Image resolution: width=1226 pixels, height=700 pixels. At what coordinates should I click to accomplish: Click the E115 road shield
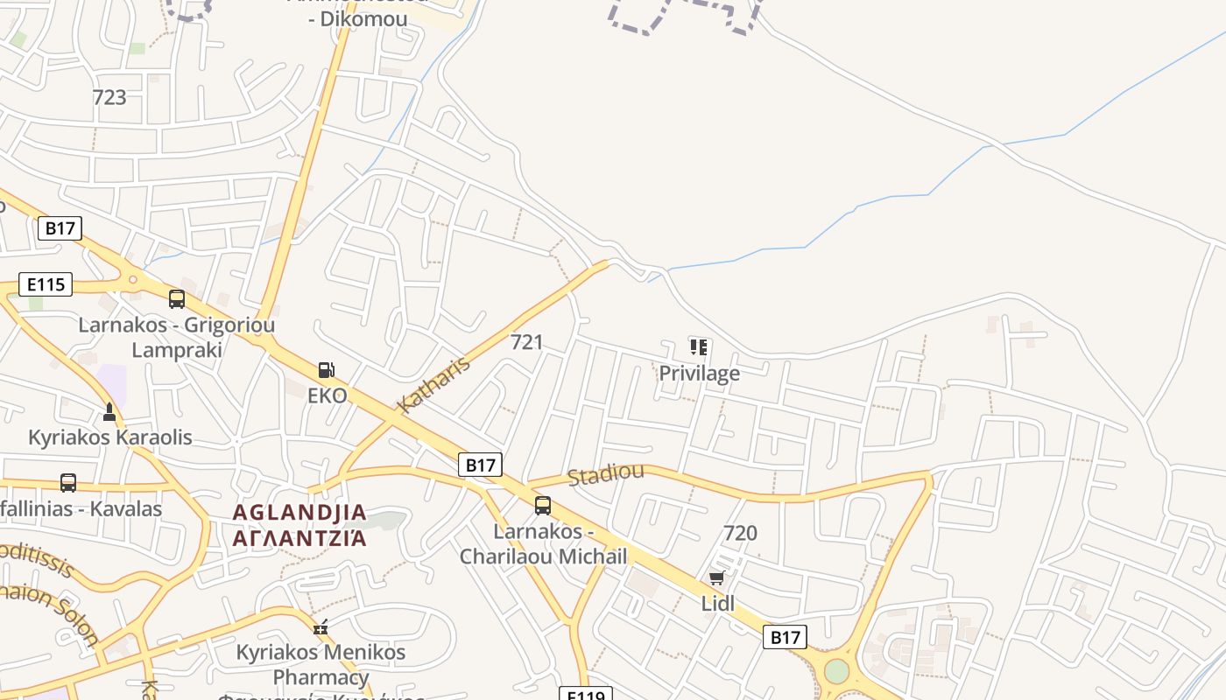point(46,284)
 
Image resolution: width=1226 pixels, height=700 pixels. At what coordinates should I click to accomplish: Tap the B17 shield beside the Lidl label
point(785,637)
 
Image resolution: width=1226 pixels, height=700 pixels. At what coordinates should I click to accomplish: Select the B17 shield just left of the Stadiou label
point(480,465)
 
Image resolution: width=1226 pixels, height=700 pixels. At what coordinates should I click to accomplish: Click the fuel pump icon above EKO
point(327,370)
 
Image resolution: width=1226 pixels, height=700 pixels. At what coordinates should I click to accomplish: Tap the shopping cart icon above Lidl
point(717,578)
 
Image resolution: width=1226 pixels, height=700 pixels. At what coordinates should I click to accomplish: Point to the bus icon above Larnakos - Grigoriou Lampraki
point(177,299)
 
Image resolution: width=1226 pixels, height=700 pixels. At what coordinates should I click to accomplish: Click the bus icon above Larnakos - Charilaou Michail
point(543,506)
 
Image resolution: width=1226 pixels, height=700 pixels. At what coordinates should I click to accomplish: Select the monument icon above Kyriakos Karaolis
point(109,411)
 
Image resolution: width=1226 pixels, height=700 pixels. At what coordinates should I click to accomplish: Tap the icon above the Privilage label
point(698,347)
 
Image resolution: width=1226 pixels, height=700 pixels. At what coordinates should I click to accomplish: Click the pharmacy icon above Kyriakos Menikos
point(321,626)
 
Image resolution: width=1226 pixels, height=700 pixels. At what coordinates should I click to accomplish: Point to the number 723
point(109,97)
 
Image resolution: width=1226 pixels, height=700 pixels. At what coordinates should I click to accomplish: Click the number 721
point(526,342)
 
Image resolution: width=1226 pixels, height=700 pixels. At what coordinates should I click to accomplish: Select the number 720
point(740,533)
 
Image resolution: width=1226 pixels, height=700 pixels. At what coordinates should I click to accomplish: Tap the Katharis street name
point(434,383)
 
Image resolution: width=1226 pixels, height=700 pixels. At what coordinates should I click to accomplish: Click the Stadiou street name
point(605,474)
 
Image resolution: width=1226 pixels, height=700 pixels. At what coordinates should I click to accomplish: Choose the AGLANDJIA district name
point(299,513)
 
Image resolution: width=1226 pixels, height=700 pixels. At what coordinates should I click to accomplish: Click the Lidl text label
point(718,603)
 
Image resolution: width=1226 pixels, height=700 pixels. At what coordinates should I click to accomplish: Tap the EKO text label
point(328,395)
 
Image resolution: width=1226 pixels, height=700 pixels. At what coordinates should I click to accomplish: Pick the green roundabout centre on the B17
point(836,671)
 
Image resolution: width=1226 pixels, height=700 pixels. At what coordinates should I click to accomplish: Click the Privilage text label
point(699,374)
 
